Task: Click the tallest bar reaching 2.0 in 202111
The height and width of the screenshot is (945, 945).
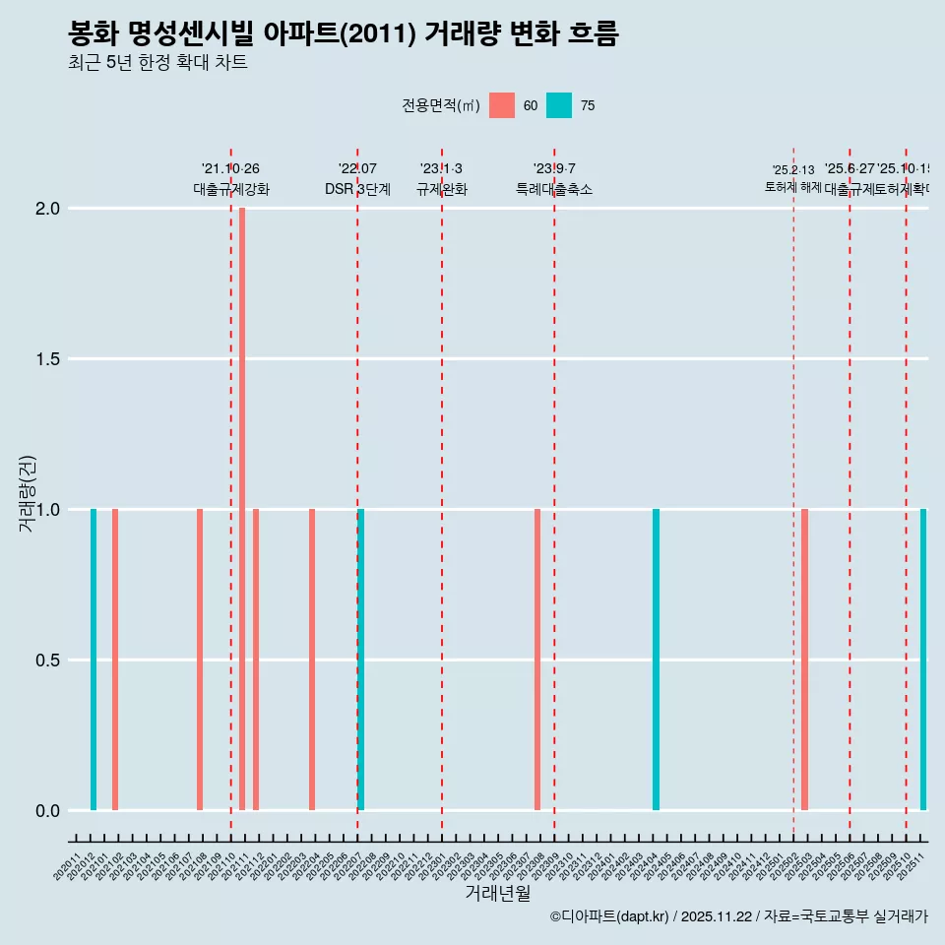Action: coord(242,508)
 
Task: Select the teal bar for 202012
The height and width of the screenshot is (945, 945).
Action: coord(94,660)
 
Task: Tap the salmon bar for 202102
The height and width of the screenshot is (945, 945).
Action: coord(115,660)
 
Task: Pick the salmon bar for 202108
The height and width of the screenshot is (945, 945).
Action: coord(200,660)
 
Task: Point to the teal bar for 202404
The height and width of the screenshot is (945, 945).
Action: coord(656,660)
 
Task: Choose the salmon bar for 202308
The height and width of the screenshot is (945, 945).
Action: coord(537,660)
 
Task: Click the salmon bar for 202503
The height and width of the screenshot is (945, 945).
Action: coord(804,660)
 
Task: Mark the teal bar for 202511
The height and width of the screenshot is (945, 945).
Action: coord(923,660)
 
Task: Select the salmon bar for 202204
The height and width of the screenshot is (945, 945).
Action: coord(312,660)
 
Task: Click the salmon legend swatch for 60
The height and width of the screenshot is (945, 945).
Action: coord(502,105)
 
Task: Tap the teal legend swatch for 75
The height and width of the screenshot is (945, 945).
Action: coord(559,105)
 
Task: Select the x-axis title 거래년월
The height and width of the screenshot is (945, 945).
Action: coord(498,893)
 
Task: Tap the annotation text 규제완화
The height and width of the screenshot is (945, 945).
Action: coord(441,190)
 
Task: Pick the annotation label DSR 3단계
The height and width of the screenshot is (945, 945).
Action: coord(357,190)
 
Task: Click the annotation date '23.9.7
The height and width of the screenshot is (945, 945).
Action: coord(554,169)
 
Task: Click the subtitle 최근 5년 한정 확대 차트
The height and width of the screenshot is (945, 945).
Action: coord(157,63)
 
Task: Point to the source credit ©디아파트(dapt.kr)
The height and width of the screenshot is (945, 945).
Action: coord(610,916)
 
